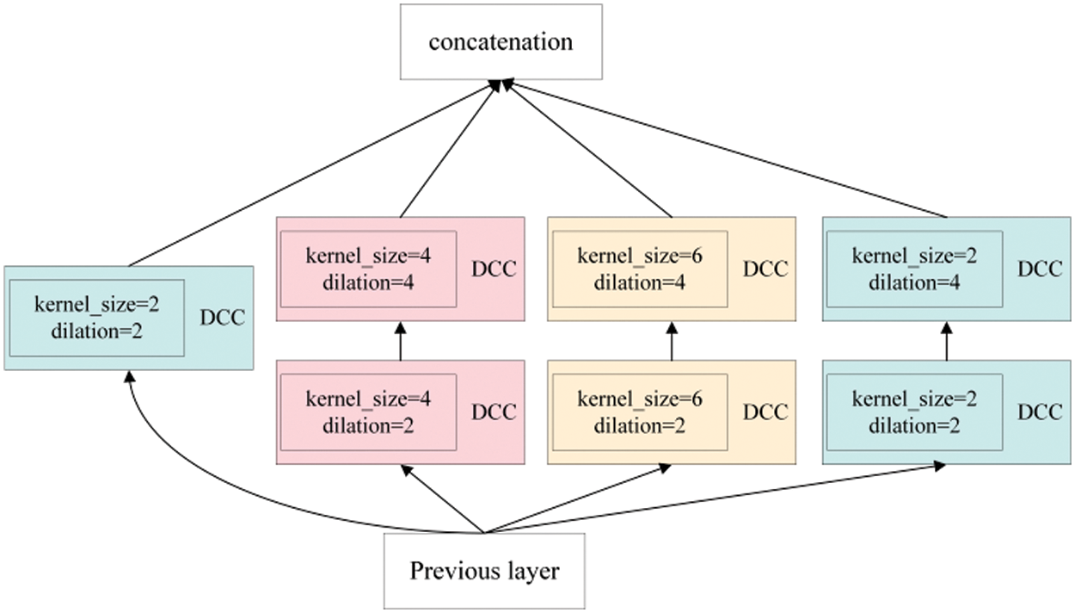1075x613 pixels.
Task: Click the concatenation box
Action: click(500, 41)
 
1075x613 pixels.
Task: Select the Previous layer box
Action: click(484, 571)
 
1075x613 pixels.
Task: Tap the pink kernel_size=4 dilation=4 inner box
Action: click(368, 268)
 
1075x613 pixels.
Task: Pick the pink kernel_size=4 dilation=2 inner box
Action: click(368, 412)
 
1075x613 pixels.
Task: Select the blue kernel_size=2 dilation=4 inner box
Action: click(913, 268)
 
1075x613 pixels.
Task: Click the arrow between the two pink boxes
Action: click(401, 341)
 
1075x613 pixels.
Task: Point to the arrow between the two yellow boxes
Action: click(672, 341)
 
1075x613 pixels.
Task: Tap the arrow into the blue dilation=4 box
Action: click(946, 341)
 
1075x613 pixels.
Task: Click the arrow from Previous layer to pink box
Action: click(443, 499)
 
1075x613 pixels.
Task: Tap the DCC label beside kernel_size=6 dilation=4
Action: click(765, 269)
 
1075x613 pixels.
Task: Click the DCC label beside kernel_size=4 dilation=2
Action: click(494, 412)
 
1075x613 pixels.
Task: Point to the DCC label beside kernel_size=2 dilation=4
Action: click(1040, 269)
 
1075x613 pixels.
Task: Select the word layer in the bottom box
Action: click(532, 571)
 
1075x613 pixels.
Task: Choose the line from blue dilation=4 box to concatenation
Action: click(731, 151)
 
